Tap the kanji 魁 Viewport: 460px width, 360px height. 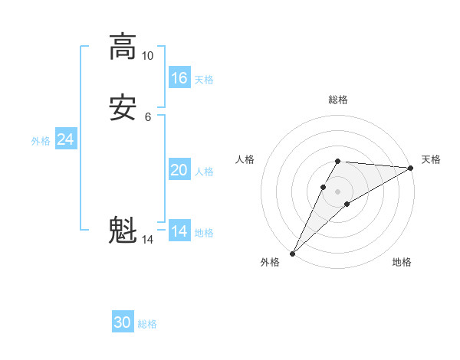(122, 231)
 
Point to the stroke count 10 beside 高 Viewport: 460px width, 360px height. (147, 56)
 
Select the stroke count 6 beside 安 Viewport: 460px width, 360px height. (147, 117)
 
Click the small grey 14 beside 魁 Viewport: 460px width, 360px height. (147, 240)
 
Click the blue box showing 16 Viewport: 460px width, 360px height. (179, 78)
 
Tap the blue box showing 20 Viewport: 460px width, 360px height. (179, 170)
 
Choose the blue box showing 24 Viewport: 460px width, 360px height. (66, 139)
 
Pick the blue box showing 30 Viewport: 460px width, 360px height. (123, 322)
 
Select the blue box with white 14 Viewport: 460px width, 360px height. (179, 231)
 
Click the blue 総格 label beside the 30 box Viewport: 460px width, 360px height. (147, 324)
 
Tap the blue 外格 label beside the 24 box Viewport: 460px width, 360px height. (41, 141)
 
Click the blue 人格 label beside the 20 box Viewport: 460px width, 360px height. (205, 172)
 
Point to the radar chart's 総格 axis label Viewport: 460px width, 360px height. (337, 100)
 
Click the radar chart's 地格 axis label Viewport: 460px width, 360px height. (402, 263)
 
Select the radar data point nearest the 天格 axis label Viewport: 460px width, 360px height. (410, 168)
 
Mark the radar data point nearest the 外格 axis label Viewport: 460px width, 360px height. (293, 253)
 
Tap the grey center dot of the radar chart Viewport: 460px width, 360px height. (337, 190)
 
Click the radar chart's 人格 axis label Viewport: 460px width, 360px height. (245, 159)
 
